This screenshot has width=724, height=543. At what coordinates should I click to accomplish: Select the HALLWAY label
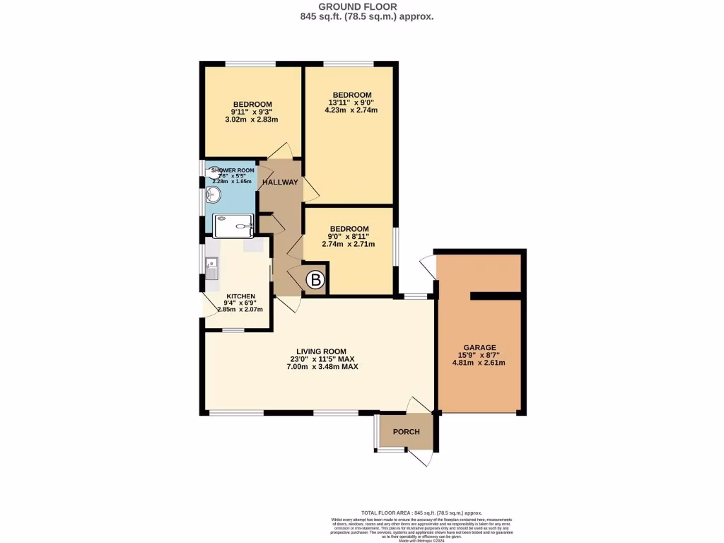[280, 182]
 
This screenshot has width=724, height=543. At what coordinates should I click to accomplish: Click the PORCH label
[406, 432]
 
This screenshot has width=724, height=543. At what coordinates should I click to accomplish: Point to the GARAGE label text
[479, 347]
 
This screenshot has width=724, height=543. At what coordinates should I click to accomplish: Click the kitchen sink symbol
[212, 268]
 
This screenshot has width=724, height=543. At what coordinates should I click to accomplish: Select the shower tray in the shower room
[234, 226]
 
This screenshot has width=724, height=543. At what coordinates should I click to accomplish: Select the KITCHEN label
[240, 296]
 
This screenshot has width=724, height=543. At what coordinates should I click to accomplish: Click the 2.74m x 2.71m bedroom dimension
[349, 244]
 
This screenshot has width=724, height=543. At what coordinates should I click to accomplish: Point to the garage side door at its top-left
[428, 264]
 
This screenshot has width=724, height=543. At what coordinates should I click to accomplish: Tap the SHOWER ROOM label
[233, 170]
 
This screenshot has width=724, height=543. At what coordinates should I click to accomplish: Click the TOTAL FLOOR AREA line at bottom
[421, 513]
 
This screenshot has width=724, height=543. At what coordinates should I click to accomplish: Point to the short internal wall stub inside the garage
[496, 296]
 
